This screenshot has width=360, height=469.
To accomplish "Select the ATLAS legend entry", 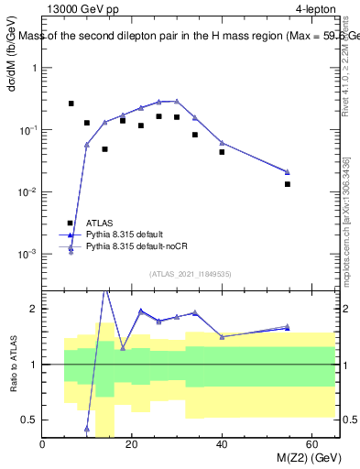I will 100,223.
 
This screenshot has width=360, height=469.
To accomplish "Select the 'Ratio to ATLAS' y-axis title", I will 12,364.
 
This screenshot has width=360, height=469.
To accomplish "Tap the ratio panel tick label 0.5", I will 30,420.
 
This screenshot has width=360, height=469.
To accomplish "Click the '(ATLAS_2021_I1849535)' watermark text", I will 190,273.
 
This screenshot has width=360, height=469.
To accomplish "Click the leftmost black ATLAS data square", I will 71,104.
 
